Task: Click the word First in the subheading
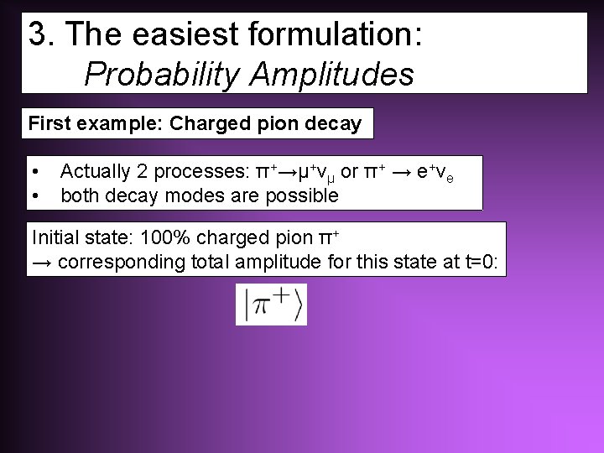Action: (x=50, y=124)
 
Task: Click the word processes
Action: (x=201, y=172)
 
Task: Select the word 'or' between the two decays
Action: (x=350, y=172)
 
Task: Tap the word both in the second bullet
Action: (x=77, y=195)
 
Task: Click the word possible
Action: (x=307, y=195)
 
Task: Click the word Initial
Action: (x=55, y=238)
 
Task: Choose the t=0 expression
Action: (x=482, y=262)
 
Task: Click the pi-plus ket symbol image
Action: (x=272, y=304)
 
